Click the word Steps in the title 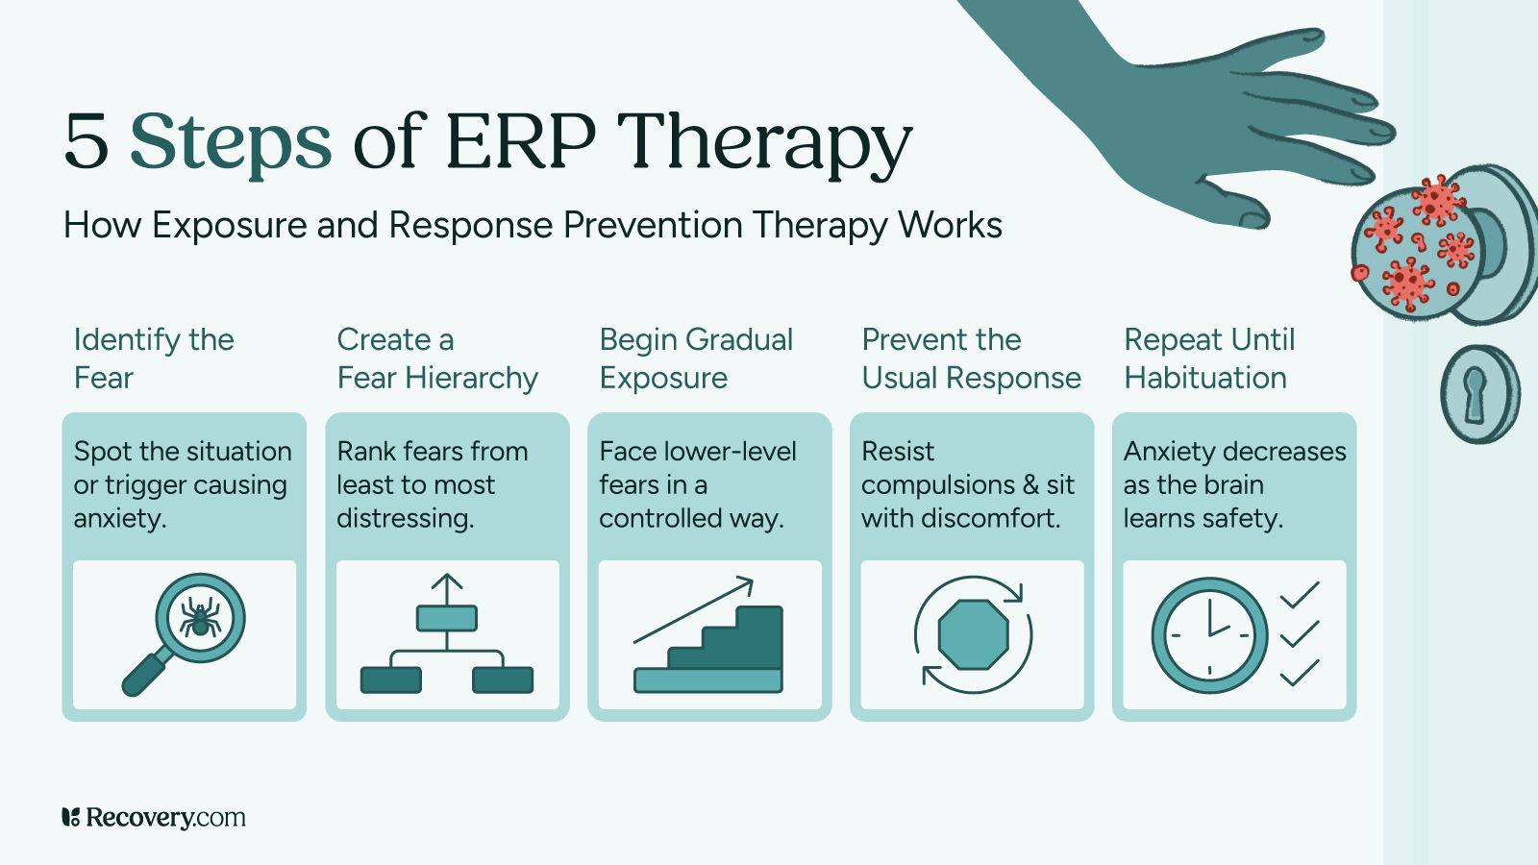[231, 142]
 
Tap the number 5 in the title [86, 142]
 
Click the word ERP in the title [520, 142]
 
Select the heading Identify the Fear [154, 358]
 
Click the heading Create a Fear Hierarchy [437, 358]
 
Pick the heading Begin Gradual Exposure [696, 358]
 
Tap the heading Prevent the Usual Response [971, 358]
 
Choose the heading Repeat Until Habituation [1209, 358]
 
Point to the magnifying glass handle [144, 674]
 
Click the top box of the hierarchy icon [447, 618]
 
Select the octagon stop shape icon [973, 634]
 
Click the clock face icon [1209, 635]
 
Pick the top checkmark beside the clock [1300, 596]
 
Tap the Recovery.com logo [154, 818]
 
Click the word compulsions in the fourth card [937, 485]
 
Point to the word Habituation [1205, 378]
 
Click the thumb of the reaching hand [1240, 207]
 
